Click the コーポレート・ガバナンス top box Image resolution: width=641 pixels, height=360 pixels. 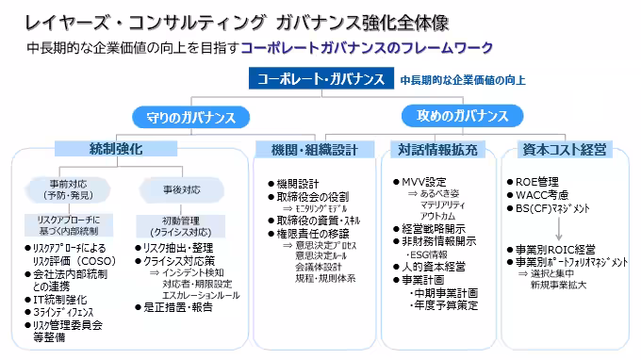(320, 79)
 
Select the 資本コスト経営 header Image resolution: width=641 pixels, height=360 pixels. (567, 149)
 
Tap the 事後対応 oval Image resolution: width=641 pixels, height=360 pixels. (173, 188)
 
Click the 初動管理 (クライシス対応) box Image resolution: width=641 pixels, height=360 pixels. (173, 225)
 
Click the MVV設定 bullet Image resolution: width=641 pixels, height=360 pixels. (423, 181)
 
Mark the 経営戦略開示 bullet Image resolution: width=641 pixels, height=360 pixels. (435, 227)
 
